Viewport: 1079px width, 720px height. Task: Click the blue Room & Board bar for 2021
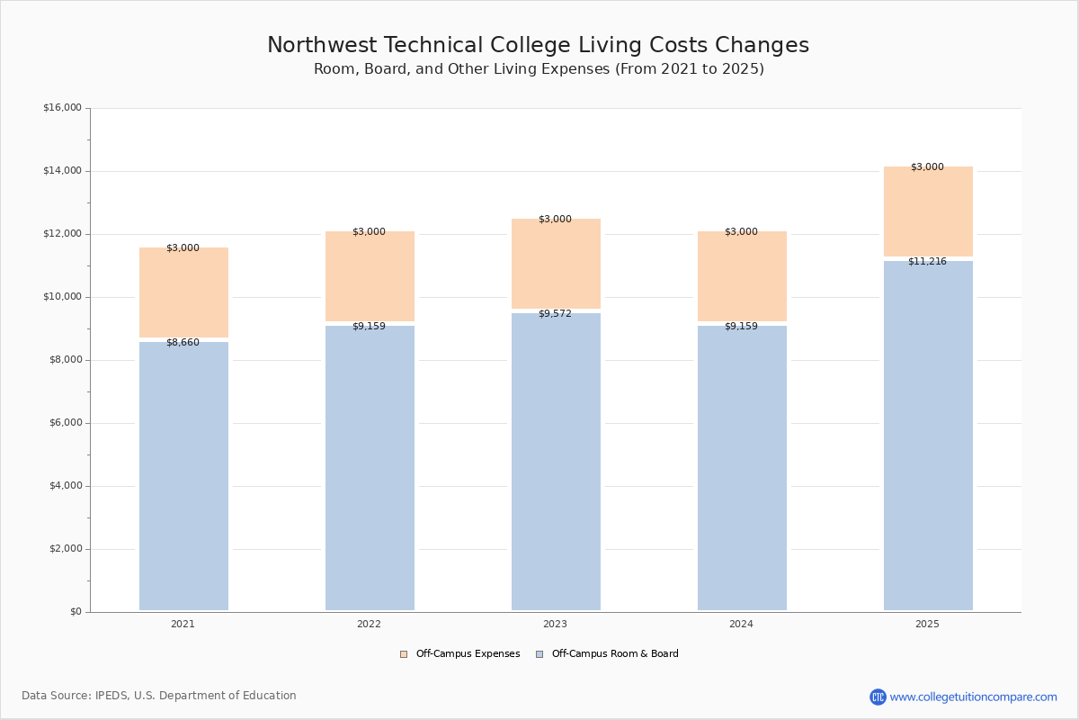(x=183, y=477)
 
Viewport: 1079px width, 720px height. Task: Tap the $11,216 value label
(x=927, y=262)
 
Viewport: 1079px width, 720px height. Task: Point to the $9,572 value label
(x=555, y=314)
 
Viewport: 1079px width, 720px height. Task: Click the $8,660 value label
(x=183, y=343)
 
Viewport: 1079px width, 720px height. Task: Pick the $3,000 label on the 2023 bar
(x=555, y=220)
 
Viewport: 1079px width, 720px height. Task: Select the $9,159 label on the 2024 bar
(x=741, y=327)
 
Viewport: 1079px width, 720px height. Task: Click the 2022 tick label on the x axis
(x=369, y=625)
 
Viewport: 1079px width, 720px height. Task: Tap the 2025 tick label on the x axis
(x=927, y=625)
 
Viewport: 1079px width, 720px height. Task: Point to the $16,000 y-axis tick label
(x=62, y=108)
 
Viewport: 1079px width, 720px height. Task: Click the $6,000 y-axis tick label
(x=65, y=423)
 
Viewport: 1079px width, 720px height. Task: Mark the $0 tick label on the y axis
(x=75, y=612)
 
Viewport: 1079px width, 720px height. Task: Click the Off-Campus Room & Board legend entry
(x=615, y=654)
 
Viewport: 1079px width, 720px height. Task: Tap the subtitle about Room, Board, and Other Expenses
(x=539, y=69)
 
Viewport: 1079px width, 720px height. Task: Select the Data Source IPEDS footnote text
(x=159, y=696)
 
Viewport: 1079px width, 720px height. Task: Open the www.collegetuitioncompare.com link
(x=973, y=697)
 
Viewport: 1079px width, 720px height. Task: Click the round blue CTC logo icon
(x=878, y=697)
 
